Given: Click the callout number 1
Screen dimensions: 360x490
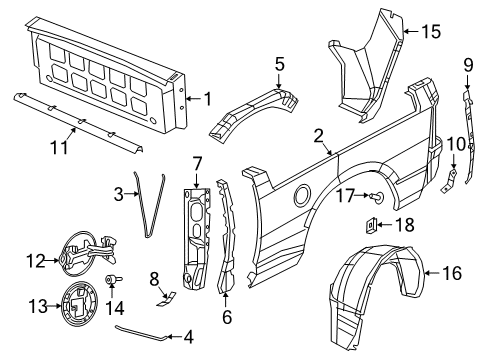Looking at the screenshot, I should (208, 98).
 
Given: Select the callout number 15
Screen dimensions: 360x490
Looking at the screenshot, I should (429, 31).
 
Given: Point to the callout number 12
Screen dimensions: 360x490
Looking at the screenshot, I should (35, 262).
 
